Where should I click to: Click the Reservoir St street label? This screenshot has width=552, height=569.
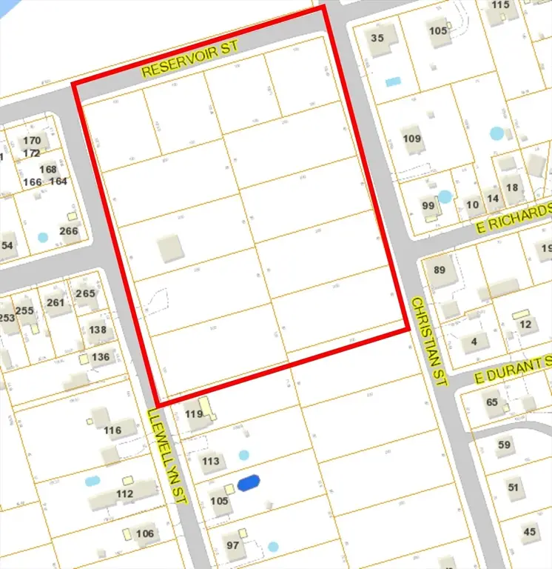191,59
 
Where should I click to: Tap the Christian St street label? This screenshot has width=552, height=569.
430,341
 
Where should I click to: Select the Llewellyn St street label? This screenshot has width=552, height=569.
169,456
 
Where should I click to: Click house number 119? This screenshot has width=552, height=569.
194,413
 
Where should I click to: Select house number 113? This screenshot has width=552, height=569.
211,461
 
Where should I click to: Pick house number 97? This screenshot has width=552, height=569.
233,545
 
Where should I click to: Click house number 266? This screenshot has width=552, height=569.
69,230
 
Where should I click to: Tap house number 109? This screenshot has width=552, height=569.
411,139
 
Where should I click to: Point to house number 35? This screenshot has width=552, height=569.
378,38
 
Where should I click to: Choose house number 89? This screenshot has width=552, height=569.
440,270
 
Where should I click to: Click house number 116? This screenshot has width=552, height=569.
112,430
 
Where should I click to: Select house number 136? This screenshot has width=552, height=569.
101,357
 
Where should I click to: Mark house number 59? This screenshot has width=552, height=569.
505,445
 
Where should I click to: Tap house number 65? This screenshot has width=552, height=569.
492,402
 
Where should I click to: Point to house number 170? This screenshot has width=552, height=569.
32,141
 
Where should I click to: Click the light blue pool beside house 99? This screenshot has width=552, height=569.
444,196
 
